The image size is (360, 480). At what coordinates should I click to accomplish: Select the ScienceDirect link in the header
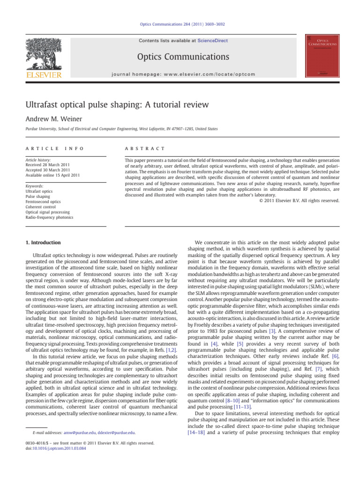click(212, 41)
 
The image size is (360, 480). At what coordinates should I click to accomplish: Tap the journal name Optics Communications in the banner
click(183, 57)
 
